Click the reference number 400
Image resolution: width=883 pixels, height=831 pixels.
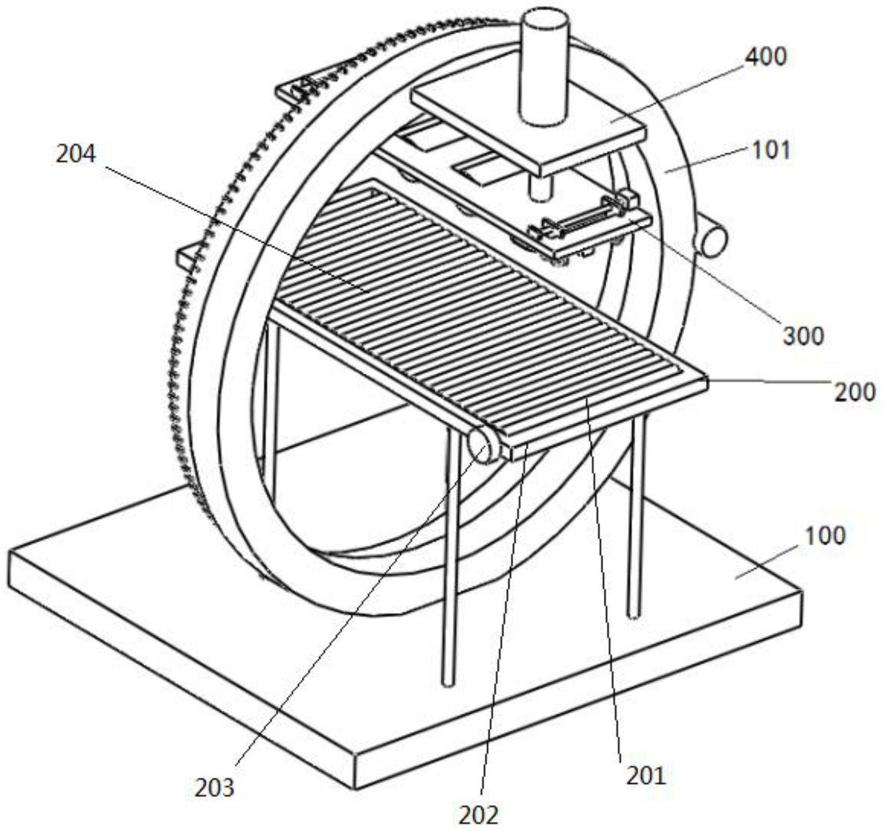click(766, 57)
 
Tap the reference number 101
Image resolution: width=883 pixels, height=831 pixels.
click(771, 150)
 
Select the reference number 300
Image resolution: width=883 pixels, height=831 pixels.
click(804, 335)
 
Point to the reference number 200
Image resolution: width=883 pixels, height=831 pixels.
click(855, 392)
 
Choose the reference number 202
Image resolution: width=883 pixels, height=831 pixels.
click(478, 815)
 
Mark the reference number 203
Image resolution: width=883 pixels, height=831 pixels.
click(214, 788)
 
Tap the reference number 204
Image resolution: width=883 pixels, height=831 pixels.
click(76, 154)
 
